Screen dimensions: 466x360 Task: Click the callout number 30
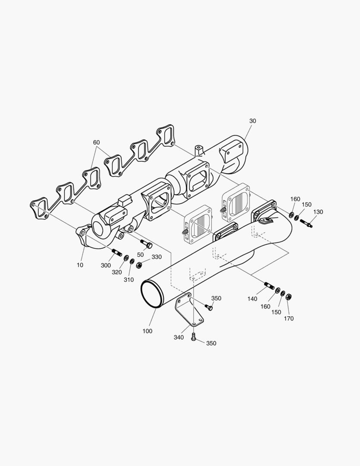(253, 121)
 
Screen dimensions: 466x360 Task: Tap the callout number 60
(96, 142)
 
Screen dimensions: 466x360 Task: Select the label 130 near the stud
(318, 212)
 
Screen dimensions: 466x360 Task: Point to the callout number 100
(147, 331)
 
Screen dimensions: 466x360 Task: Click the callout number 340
(179, 337)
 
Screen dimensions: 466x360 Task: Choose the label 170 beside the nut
(289, 318)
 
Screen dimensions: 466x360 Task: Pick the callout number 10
(80, 265)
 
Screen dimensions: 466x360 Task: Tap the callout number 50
(140, 255)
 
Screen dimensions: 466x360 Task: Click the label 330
(157, 257)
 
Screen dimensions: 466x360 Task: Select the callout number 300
(106, 265)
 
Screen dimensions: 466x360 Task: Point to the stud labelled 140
(269, 285)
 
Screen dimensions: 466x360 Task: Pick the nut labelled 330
(139, 265)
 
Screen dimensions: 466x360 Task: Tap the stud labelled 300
(116, 252)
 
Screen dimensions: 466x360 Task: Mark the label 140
(253, 299)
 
